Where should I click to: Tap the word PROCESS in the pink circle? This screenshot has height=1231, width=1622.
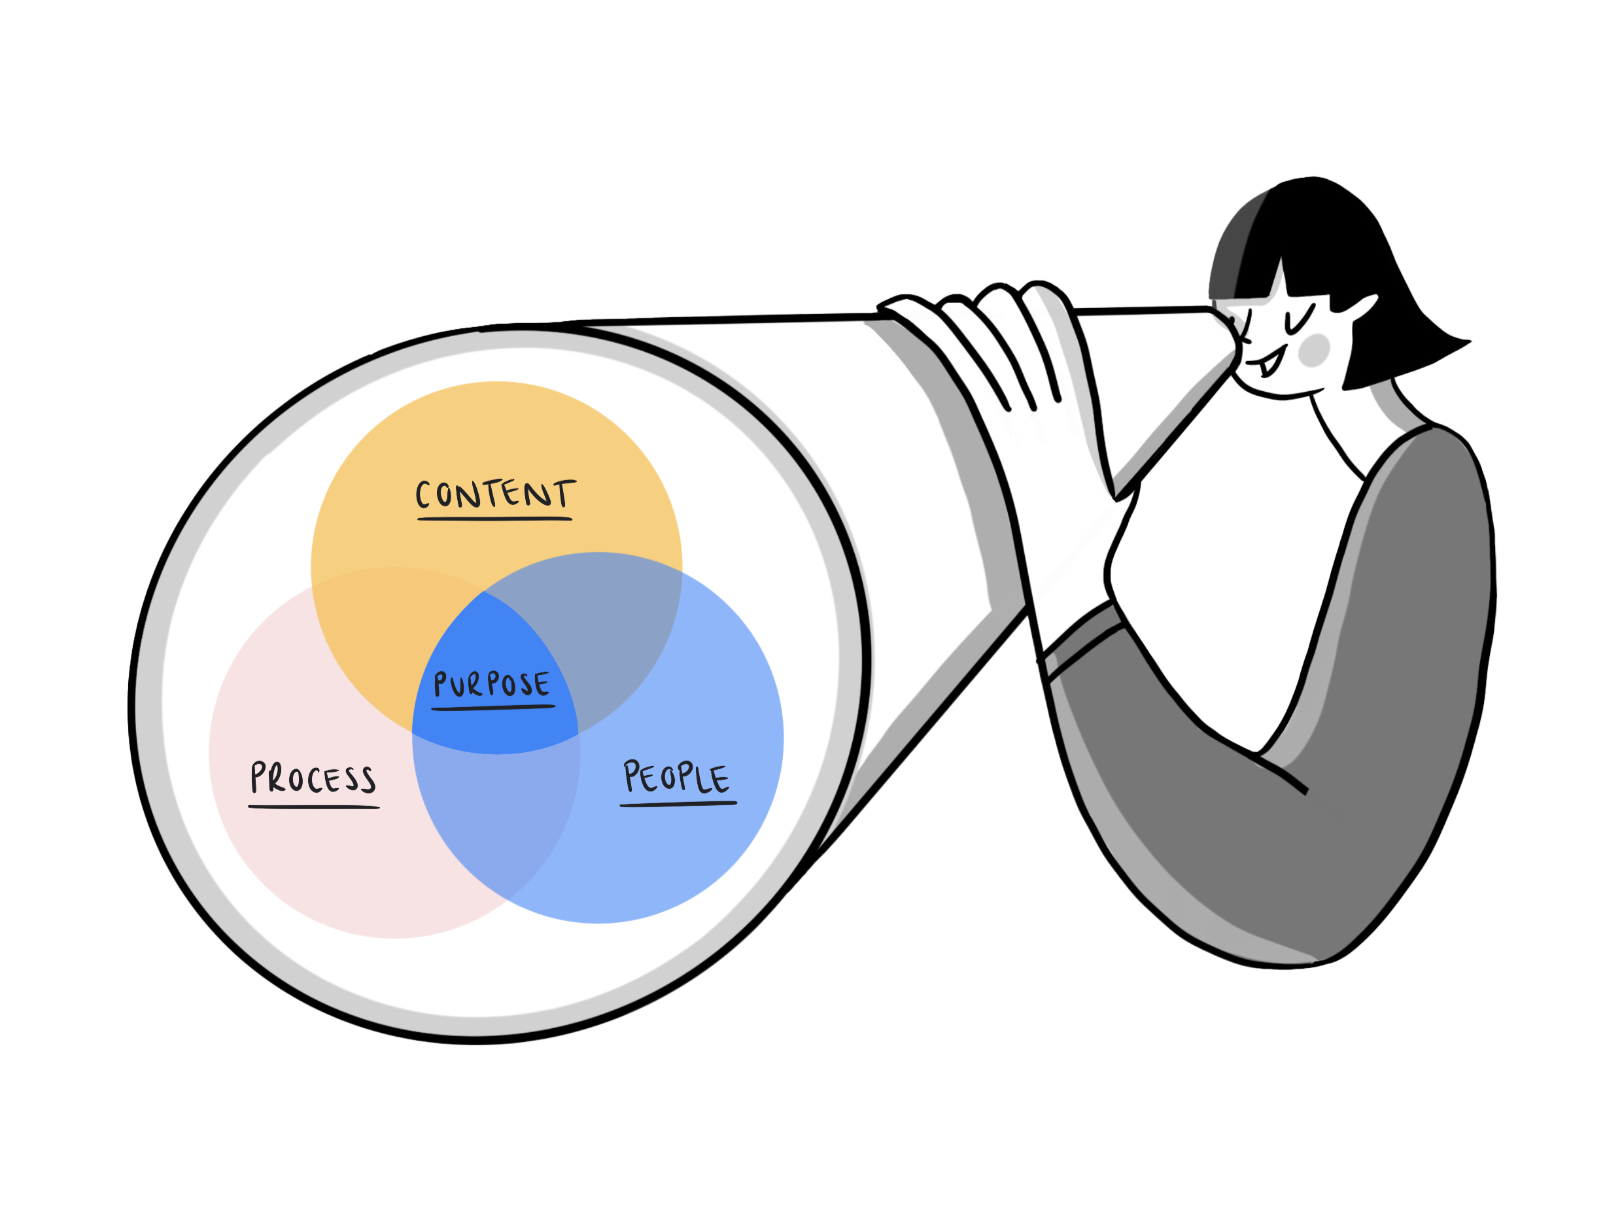pos(313,778)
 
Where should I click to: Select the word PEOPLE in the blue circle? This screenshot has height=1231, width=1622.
pos(676,777)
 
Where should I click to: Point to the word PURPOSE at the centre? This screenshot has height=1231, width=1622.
pos(491,684)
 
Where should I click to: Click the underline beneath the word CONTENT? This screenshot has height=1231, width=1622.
pos(494,518)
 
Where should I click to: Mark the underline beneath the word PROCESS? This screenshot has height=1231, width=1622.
pos(313,806)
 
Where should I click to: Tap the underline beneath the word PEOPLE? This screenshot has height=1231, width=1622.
pos(678,804)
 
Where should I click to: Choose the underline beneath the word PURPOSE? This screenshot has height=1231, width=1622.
pos(492,708)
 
